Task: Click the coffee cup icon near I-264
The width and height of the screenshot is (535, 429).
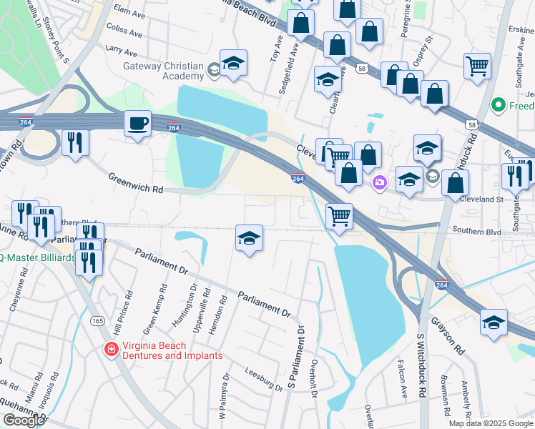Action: [x=138, y=124]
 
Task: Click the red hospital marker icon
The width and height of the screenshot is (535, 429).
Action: [x=111, y=350]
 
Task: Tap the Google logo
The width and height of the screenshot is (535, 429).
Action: [x=24, y=420]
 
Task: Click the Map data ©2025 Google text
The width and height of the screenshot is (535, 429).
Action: [x=491, y=423]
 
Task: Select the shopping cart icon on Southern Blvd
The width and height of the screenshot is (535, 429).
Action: [x=339, y=214]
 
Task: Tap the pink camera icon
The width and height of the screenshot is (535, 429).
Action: [x=378, y=183]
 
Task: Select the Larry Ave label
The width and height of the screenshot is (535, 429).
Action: [x=121, y=52]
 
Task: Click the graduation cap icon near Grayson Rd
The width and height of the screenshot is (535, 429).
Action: [x=494, y=322]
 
